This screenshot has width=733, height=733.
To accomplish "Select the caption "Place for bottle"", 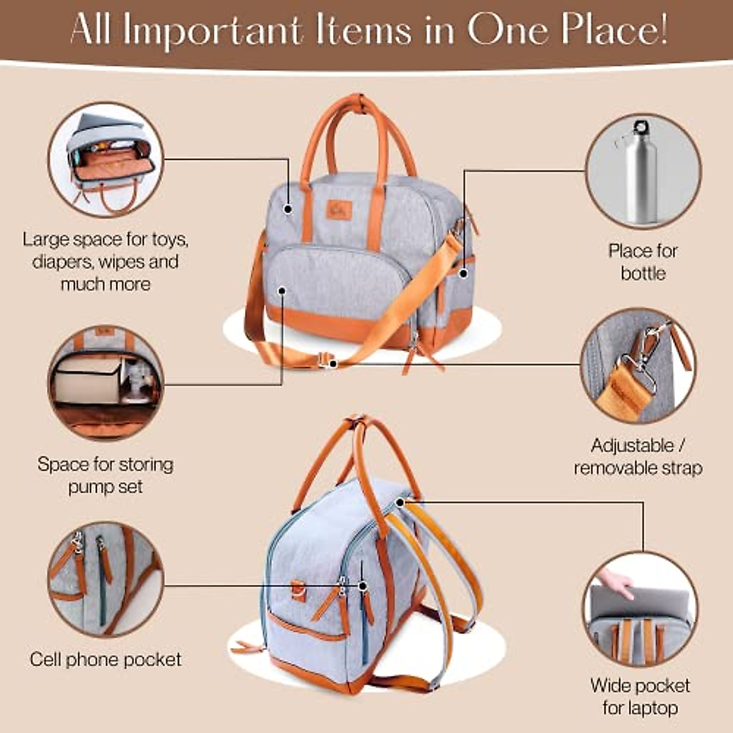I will (x=643, y=262).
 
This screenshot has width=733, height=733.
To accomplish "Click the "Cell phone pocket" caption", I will (x=106, y=660).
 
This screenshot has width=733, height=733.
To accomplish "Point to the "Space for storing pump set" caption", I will (x=106, y=475).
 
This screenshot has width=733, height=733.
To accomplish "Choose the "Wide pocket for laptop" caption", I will (x=640, y=696).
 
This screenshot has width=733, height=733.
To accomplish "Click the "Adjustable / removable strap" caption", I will (x=638, y=457).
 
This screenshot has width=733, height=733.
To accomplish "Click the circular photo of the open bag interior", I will (x=106, y=159).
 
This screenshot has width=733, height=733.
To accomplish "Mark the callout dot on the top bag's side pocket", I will (x=463, y=274).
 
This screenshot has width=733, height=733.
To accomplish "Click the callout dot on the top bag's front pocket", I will (x=282, y=290).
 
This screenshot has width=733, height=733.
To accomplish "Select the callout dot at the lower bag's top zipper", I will (x=399, y=502).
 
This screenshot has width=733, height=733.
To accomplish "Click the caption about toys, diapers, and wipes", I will (x=106, y=261).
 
